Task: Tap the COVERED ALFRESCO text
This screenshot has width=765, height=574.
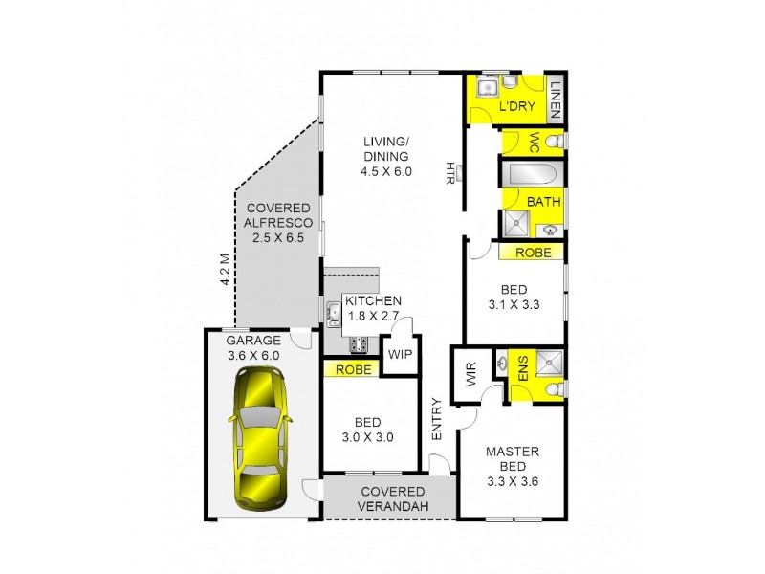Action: pyautogui.click(x=277, y=223)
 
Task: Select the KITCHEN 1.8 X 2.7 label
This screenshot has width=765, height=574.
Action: pyautogui.click(x=373, y=307)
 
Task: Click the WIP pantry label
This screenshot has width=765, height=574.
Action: pyautogui.click(x=398, y=354)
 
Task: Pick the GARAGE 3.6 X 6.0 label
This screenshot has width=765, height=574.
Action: pyautogui.click(x=253, y=347)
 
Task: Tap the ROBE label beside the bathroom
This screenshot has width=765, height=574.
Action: pyautogui.click(x=532, y=253)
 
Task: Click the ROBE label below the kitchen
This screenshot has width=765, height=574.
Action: pyautogui.click(x=351, y=367)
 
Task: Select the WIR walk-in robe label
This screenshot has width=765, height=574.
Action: pyautogui.click(x=470, y=375)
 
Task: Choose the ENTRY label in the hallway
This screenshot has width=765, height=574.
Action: pyautogui.click(x=437, y=418)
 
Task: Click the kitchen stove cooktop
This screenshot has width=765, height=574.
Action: pyautogui.click(x=361, y=344)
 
